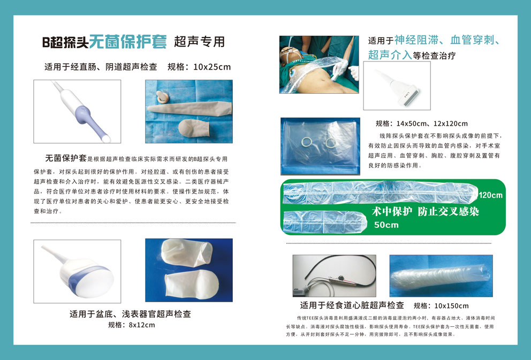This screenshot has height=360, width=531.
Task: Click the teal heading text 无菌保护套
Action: [128, 42]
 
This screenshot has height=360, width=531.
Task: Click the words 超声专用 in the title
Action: [200, 42]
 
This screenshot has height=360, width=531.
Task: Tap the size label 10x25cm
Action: [212, 67]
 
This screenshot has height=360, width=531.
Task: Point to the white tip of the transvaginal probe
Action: [107, 139]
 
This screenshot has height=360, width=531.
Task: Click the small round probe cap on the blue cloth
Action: [163, 97]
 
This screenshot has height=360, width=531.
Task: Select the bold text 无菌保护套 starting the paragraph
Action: [66, 158]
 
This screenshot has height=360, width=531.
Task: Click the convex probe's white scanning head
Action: [95, 281]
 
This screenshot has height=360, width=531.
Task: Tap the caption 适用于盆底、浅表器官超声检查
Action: [131, 314]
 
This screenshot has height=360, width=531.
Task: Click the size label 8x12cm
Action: [141, 325]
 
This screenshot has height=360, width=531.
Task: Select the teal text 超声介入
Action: [390, 55]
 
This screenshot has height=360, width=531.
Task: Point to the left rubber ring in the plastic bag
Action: [307, 142]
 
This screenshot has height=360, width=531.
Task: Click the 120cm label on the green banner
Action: [490, 195]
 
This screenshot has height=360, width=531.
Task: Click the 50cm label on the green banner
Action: [386, 225]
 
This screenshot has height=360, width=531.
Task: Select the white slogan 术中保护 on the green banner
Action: [392, 212]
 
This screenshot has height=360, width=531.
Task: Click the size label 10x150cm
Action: [451, 306]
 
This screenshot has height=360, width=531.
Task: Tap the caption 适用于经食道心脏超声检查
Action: [352, 305]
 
